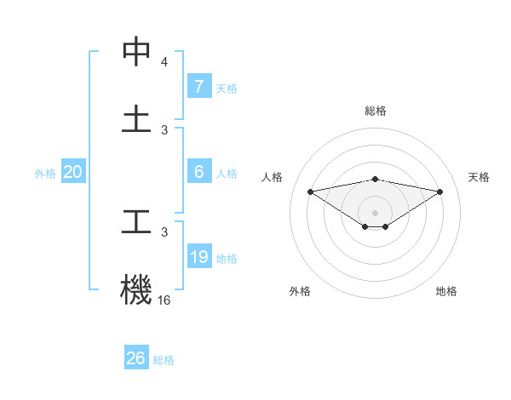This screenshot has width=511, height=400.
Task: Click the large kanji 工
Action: pyautogui.click(x=136, y=223)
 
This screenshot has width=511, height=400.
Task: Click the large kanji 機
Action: pyautogui.click(x=136, y=289)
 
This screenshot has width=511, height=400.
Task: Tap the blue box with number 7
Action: pyautogui.click(x=198, y=86)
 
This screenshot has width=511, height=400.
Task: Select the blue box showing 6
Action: pyautogui.click(x=198, y=171)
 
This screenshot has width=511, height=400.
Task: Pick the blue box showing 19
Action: pyautogui.click(x=198, y=257)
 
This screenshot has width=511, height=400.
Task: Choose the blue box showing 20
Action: pyautogui.click(x=72, y=172)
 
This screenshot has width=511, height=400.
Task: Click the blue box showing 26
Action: pyautogui.click(x=135, y=358)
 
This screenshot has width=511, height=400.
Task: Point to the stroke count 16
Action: pyautogui.click(x=164, y=300)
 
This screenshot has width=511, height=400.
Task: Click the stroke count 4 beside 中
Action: pyautogui.click(x=164, y=62)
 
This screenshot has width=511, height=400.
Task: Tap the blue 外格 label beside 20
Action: pyautogui.click(x=45, y=173)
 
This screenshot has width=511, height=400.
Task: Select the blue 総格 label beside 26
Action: pyautogui.click(x=164, y=360)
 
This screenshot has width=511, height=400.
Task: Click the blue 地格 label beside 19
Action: pyautogui.click(x=227, y=258)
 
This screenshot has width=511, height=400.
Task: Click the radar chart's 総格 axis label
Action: pyautogui.click(x=376, y=111)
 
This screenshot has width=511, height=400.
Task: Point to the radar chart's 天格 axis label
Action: pyautogui.click(x=479, y=177)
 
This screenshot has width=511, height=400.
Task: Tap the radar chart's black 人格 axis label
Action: pyautogui.click(x=272, y=177)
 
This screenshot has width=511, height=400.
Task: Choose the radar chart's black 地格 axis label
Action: pyautogui.click(x=446, y=291)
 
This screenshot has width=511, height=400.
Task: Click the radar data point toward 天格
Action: pyautogui.click(x=440, y=191)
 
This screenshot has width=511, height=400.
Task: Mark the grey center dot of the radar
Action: pyautogui.click(x=376, y=212)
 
